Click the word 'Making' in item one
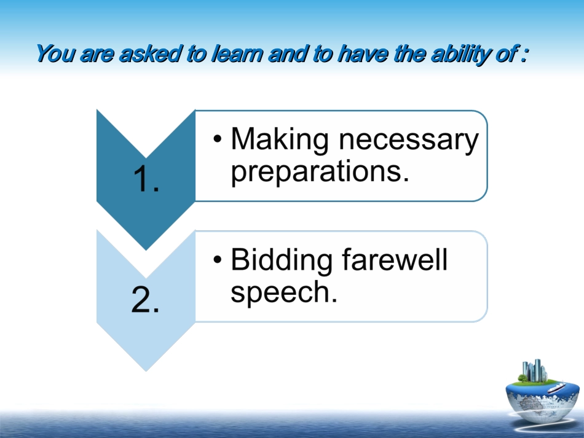tap(279, 140)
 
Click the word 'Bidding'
tap(281, 260)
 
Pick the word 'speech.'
tap(284, 292)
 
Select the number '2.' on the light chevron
tap(146, 300)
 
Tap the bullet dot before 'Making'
tap(218, 139)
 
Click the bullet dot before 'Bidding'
tap(218, 259)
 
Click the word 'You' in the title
tap(55, 53)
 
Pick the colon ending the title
tap(524, 55)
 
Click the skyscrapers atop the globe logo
tap(534, 370)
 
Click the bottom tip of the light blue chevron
tap(146, 371)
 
